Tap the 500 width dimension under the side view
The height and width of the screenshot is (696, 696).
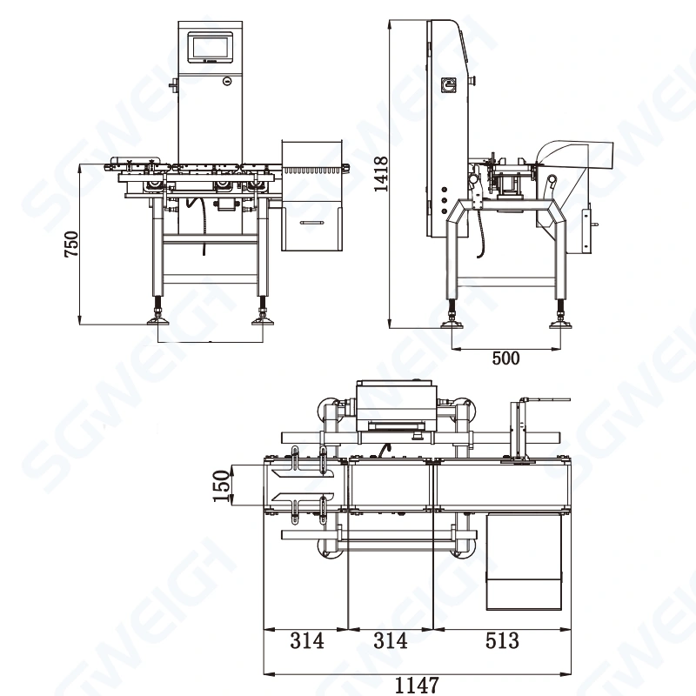tap(505, 358)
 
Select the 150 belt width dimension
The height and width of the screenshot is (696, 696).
tap(222, 486)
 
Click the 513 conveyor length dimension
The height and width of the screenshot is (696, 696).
tap(501, 641)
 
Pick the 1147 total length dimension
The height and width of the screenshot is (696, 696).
tap(417, 685)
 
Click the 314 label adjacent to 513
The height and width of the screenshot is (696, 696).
tap(390, 641)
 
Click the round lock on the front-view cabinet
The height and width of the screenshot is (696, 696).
tap(226, 83)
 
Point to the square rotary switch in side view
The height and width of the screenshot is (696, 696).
tap(451, 85)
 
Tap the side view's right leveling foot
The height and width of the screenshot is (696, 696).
tap(559, 323)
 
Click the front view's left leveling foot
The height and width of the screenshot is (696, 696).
tap(161, 320)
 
